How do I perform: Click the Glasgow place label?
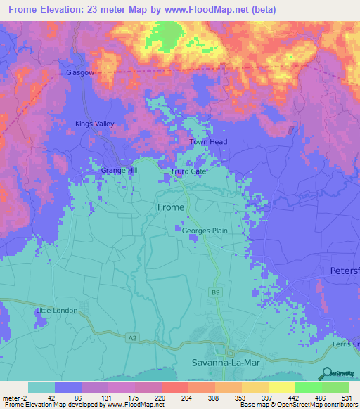79,72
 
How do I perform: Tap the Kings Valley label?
94,124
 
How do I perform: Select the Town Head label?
208,142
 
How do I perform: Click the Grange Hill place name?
118,170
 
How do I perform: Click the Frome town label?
170,207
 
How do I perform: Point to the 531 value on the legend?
346,398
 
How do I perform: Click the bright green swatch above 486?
308,387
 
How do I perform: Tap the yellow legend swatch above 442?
281,387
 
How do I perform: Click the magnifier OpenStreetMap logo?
326,373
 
